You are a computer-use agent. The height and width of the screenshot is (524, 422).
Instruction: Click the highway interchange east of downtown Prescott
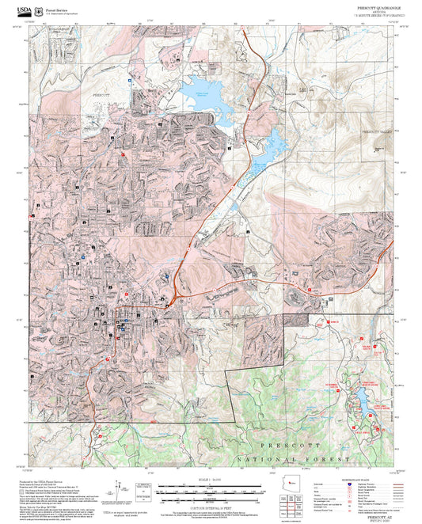(169, 301)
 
